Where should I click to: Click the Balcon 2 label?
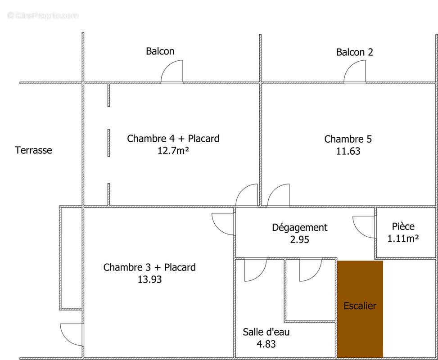coord(354,52)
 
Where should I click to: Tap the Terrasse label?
coord(33,150)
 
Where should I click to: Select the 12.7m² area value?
coord(173,151)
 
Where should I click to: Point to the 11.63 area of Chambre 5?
coord(348,151)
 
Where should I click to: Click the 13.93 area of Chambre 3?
coord(149,279)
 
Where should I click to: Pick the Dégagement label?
coord(299,228)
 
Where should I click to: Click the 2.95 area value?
coord(299,240)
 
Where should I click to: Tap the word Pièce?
coord(403,226)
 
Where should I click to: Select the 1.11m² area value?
coord(403,238)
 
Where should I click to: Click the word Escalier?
coord(360,306)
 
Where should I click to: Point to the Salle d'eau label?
coord(266,332)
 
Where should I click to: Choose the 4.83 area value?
coord(266,344)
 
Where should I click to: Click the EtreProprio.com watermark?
coord(43,15)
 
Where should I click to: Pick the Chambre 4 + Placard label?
coord(173,139)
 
